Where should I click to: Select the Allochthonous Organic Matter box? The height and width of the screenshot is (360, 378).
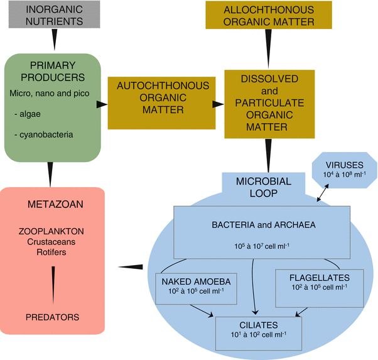tap(269, 14)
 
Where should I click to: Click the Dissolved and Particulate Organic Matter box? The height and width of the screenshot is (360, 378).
tap(269, 104)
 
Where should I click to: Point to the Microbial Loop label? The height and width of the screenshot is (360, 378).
tap(264, 187)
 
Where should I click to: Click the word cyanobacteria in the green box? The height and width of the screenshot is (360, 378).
tap(46, 134)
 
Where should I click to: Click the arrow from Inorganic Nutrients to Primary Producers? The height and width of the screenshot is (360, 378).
tap(54, 40)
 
